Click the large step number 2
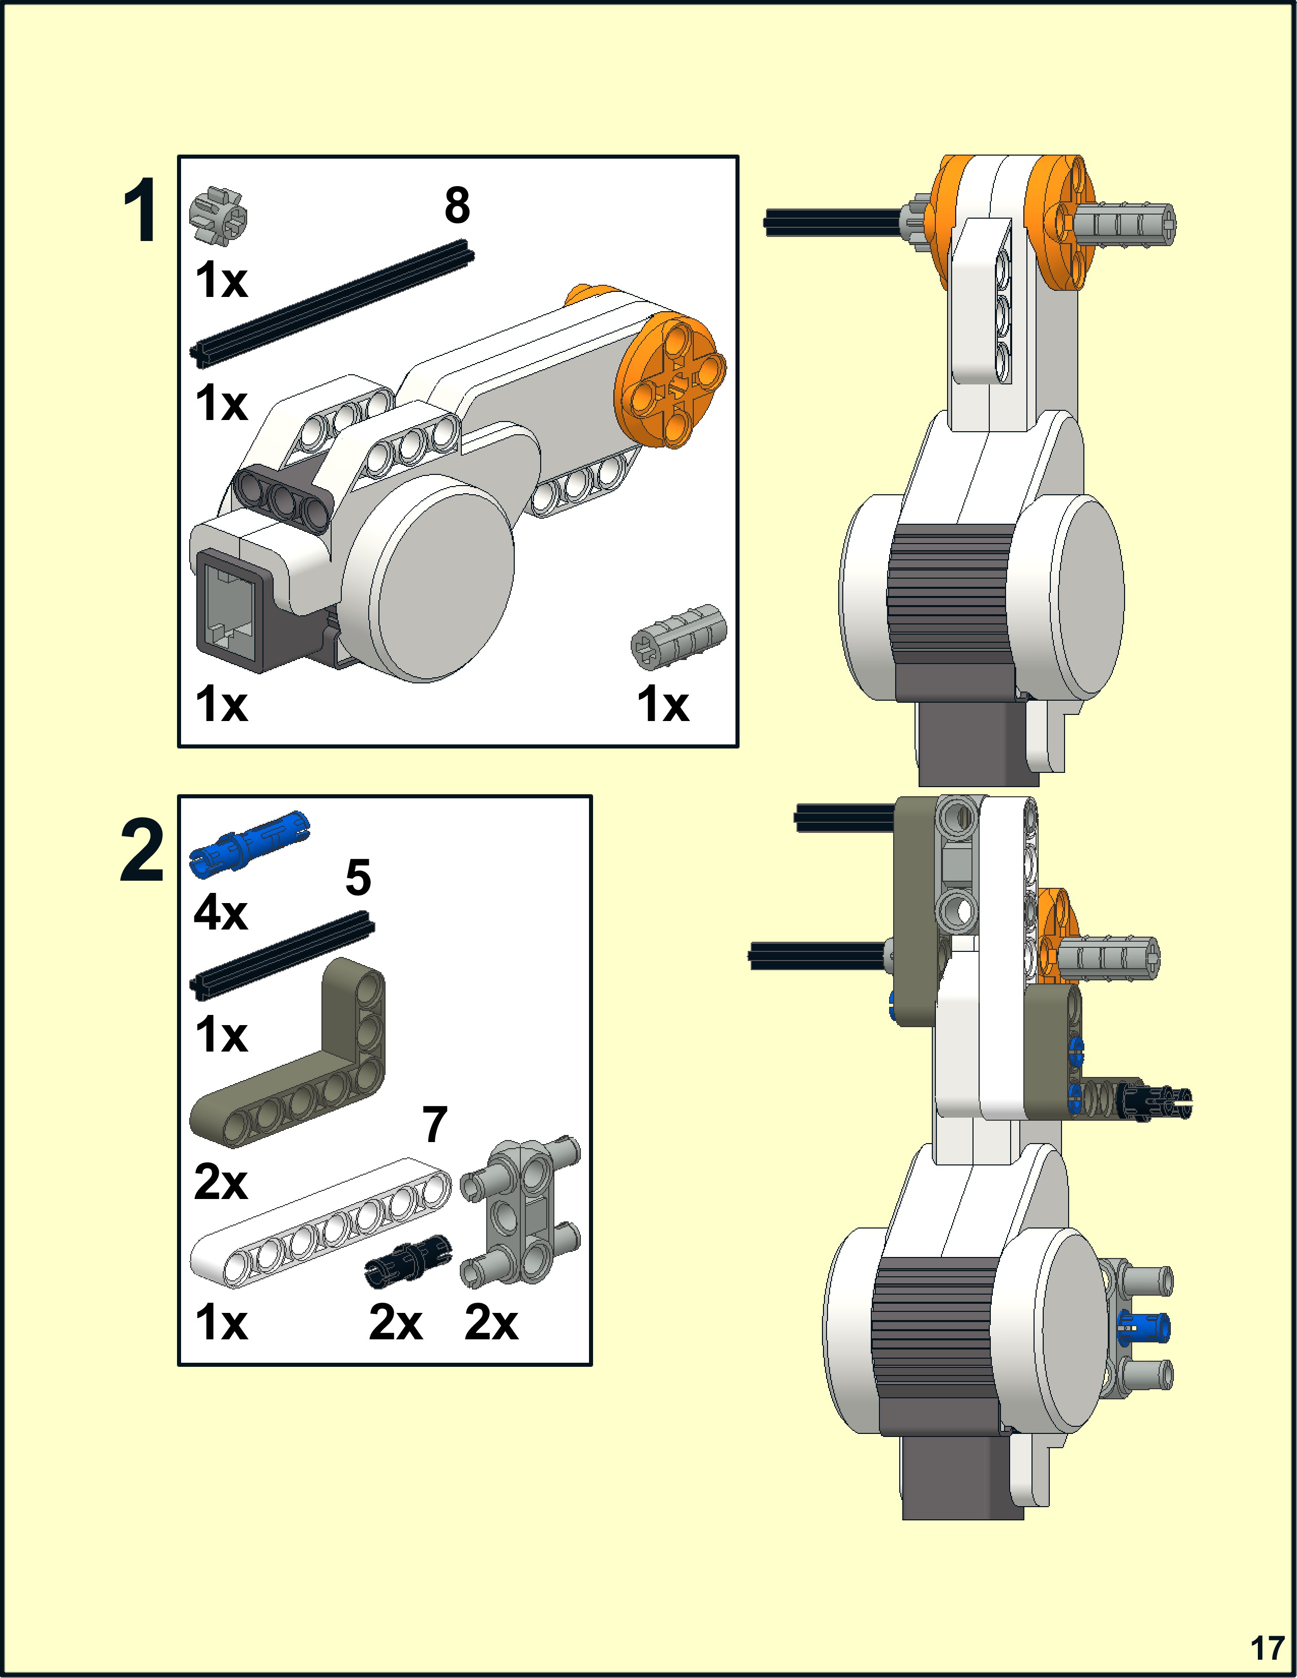click(x=142, y=851)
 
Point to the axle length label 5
click(x=358, y=878)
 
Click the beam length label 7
click(x=435, y=1124)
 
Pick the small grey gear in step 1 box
click(x=218, y=218)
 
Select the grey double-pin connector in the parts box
click(x=520, y=1214)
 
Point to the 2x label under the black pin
click(x=396, y=1323)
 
